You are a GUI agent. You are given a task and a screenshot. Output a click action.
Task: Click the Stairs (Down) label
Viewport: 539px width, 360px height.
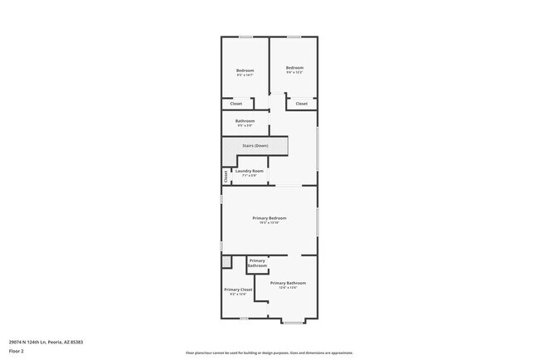(x=255, y=146)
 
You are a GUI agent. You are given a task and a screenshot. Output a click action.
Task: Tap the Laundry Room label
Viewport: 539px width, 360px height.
(x=249, y=171)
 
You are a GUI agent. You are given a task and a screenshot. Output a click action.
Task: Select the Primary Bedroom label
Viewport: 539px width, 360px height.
(x=269, y=217)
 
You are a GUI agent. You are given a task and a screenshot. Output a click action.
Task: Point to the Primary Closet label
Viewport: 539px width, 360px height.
(x=238, y=289)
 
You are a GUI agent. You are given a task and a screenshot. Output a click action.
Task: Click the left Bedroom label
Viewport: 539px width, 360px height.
(x=245, y=71)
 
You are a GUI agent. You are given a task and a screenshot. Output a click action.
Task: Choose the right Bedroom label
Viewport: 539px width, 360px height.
(x=294, y=67)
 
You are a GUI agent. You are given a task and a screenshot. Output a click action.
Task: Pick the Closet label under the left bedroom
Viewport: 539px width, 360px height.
(x=236, y=104)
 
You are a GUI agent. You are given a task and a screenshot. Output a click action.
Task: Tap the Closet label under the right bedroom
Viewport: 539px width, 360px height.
(x=301, y=104)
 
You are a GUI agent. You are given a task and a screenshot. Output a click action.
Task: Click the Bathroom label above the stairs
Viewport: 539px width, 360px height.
(x=245, y=121)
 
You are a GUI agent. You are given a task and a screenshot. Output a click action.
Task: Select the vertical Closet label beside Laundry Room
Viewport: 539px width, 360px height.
(x=226, y=176)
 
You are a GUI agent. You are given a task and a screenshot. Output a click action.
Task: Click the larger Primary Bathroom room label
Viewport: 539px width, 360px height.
(x=282, y=283)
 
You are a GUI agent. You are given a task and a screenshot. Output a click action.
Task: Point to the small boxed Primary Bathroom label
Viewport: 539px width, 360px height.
(x=257, y=263)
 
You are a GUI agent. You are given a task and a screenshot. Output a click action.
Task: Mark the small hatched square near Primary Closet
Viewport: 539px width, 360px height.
(x=226, y=262)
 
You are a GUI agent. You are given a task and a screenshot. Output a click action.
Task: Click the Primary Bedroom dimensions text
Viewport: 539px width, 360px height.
(x=269, y=222)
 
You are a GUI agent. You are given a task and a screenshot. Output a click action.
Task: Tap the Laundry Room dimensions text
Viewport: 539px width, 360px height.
(x=249, y=175)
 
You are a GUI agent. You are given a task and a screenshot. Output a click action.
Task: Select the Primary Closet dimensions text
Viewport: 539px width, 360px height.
(x=238, y=294)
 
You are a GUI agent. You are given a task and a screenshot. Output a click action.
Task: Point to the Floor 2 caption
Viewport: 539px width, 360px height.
(x=17, y=351)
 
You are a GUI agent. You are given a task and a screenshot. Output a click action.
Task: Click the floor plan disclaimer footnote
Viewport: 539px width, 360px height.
(x=269, y=353)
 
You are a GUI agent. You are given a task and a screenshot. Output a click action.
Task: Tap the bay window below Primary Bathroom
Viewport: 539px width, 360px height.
(x=294, y=320)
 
